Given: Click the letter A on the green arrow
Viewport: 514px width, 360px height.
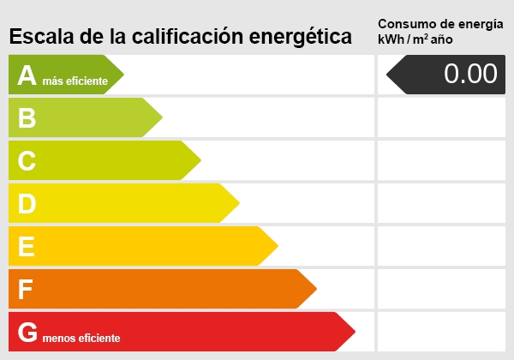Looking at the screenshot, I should [27, 75].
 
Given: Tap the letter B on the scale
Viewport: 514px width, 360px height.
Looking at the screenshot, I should [27, 118].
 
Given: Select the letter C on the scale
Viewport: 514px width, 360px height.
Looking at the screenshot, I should [27, 161].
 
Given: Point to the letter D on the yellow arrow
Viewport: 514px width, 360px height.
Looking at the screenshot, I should [27, 204].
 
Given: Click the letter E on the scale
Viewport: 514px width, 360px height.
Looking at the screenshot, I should [27, 247].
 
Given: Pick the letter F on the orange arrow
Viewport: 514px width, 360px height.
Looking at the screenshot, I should [26, 290].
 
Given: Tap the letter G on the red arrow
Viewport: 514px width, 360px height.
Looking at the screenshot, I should [28, 333].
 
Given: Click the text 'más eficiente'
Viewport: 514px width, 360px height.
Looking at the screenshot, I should [75, 81].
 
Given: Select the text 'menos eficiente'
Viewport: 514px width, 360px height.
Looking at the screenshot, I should [81, 339].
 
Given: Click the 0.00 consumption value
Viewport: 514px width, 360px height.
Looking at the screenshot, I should [470, 75].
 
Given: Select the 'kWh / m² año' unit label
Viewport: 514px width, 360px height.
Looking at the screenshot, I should [415, 39].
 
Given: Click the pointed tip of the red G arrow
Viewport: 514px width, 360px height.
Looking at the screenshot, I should [354, 332].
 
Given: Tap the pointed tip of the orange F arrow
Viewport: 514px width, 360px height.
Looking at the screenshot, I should [315, 289].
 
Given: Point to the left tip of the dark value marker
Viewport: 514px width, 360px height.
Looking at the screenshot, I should [388, 75].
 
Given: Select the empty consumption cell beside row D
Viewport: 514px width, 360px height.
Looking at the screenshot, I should [441, 203].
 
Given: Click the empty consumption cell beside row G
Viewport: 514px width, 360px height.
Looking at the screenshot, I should [441, 332].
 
